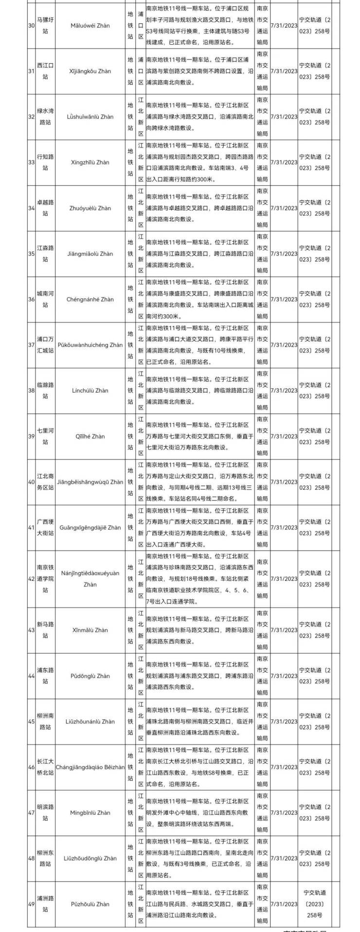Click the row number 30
[x=31, y=25]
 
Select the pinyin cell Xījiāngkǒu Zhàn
[x=90, y=71]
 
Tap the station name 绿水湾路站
[x=45, y=117]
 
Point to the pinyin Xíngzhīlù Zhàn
[x=90, y=162]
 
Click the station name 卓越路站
[x=45, y=208]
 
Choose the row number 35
[x=31, y=253]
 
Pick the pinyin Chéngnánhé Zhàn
[x=90, y=299]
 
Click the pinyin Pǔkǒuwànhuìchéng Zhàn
[x=90, y=345]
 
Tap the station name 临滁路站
[x=45, y=390]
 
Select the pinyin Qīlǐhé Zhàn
[x=90, y=436]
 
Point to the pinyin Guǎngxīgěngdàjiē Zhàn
[x=90, y=527]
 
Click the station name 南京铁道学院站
[x=45, y=578]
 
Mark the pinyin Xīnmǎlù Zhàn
[x=90, y=630]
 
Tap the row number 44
[x=31, y=676]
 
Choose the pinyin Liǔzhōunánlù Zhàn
[x=90, y=721]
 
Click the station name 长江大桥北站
[x=45, y=767]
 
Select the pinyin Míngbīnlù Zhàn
[x=90, y=812]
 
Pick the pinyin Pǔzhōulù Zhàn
[x=90, y=904]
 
